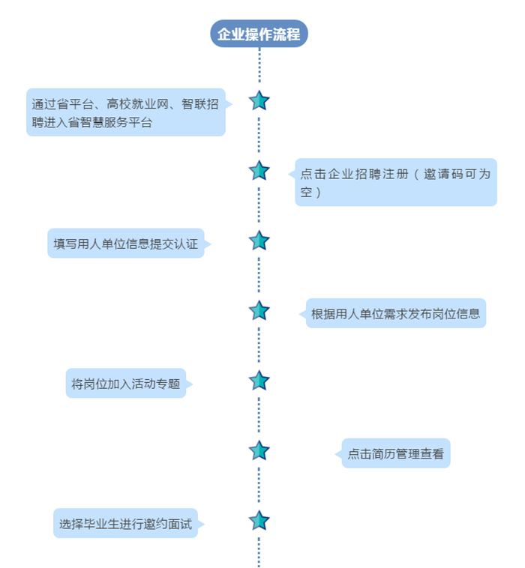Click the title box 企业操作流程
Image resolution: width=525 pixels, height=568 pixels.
pyautogui.click(x=259, y=34)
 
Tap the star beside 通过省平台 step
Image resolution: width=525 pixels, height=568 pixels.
pyautogui.click(x=259, y=100)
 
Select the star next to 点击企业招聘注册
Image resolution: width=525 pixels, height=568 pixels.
pyautogui.click(x=259, y=170)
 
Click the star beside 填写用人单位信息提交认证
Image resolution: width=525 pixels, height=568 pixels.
pyautogui.click(x=259, y=241)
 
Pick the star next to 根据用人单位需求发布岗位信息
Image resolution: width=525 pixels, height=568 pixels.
pyautogui.click(x=259, y=310)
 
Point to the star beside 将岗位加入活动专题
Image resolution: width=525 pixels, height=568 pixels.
pyautogui.click(x=259, y=380)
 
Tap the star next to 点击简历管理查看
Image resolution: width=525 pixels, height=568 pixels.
pyautogui.click(x=259, y=450)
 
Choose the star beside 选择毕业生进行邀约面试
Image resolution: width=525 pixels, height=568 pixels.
pyautogui.click(x=259, y=520)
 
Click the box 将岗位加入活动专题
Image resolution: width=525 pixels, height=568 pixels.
pyautogui.click(x=126, y=384)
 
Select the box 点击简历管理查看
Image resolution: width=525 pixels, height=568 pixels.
pyautogui.click(x=396, y=453)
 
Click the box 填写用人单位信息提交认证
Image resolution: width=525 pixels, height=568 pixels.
pyautogui.click(x=126, y=244)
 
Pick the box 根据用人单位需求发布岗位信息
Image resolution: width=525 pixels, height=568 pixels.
pyautogui.click(x=396, y=313)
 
